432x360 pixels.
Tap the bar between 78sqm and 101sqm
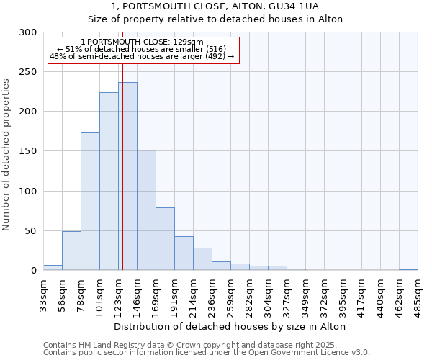90,202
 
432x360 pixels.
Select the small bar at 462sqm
408,269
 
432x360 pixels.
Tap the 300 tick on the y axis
29,32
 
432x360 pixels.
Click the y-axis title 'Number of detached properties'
6,155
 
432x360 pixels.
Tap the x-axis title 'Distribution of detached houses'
230,326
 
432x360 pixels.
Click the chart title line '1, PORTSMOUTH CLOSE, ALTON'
230,6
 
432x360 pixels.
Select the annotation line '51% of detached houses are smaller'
141,49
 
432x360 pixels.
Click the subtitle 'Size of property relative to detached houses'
230,19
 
